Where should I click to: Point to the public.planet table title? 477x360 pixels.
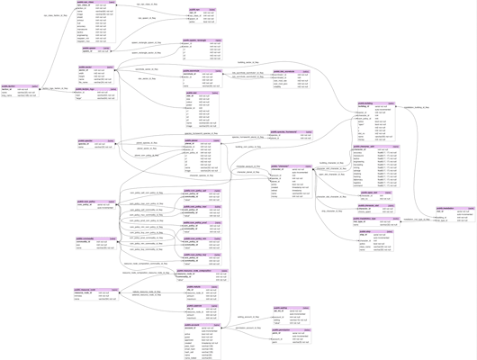[x=202, y=140]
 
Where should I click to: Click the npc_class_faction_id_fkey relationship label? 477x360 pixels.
[x=54, y=15]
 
